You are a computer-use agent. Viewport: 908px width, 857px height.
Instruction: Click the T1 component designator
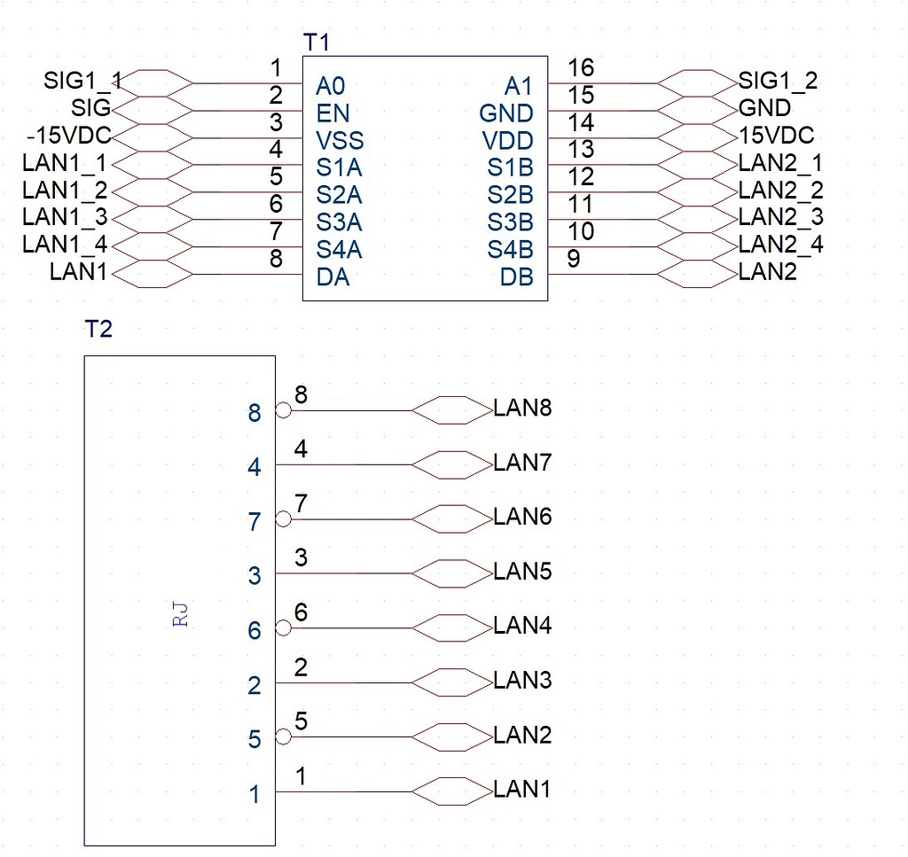[317, 42]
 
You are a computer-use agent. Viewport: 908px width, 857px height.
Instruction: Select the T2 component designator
[98, 330]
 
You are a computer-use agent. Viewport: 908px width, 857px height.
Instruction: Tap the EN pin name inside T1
[333, 113]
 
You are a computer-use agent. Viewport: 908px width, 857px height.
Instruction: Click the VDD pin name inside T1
[508, 141]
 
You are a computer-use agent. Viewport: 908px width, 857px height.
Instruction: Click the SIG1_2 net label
[778, 81]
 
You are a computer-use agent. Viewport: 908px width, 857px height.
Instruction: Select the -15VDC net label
[69, 136]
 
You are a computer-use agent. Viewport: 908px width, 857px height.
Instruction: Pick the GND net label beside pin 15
[764, 108]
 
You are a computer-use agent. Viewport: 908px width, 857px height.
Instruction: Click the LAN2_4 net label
[780, 245]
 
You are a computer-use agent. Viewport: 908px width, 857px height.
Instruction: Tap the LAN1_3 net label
[65, 218]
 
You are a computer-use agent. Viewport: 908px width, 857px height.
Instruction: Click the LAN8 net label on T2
[523, 409]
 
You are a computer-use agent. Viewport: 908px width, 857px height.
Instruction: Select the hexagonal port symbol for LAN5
[452, 573]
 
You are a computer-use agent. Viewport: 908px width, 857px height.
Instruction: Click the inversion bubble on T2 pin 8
[283, 410]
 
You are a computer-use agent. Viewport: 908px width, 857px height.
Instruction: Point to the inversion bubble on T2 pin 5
[283, 737]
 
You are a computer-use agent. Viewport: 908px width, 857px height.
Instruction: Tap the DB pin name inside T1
[516, 277]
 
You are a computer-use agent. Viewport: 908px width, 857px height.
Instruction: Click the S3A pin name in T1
[339, 222]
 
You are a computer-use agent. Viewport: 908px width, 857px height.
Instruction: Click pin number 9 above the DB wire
[575, 259]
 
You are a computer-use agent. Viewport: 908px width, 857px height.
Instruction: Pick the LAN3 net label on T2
[523, 681]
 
